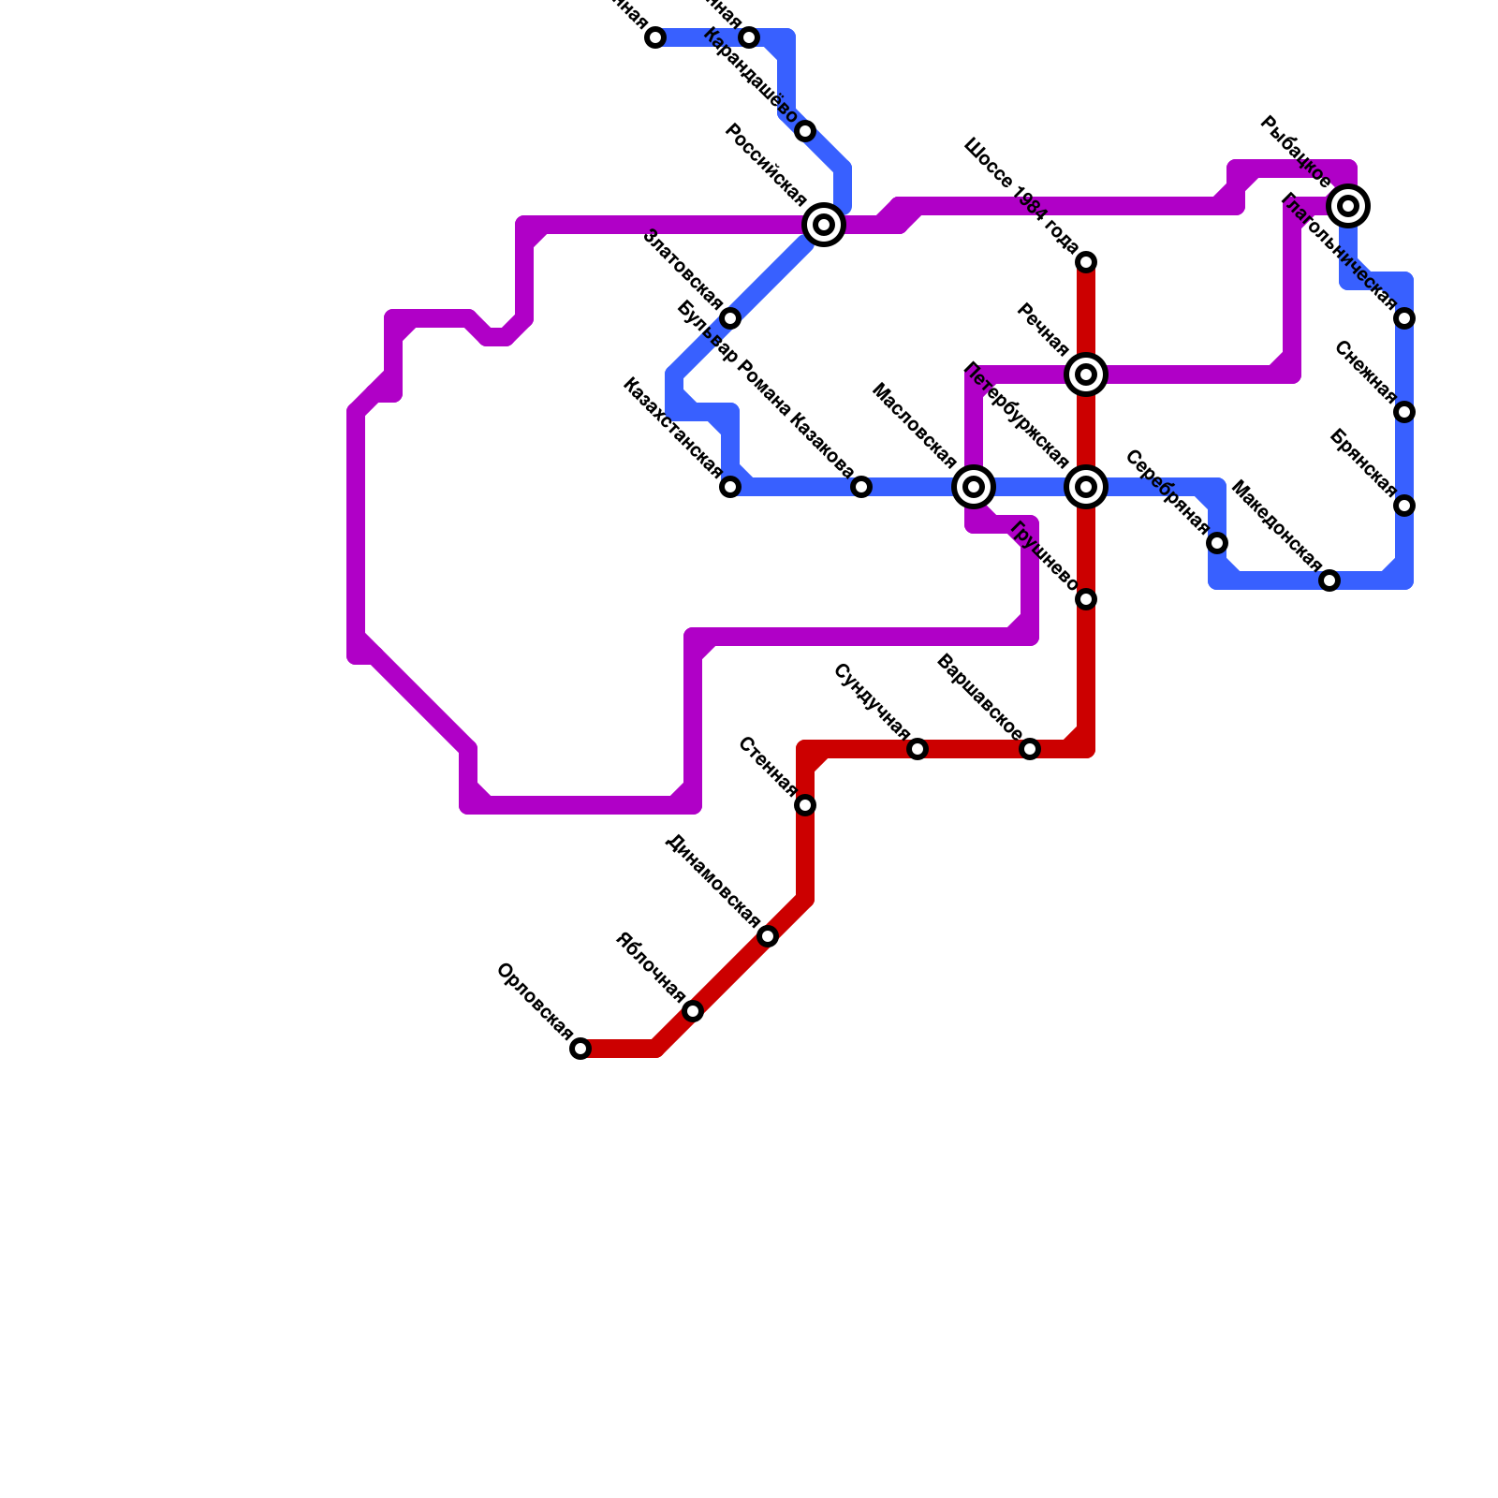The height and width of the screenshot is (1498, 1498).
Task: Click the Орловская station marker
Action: [580, 1049]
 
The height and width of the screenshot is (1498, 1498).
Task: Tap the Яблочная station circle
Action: [693, 1011]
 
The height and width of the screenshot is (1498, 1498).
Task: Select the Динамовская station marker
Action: [768, 936]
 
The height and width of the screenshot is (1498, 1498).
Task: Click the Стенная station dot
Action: [805, 805]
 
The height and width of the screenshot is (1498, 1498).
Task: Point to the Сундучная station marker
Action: [918, 749]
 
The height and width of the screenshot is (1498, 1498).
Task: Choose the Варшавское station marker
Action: [1030, 749]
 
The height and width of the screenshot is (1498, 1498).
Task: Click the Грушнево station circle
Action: [1086, 599]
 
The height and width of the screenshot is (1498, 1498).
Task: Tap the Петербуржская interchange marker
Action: [1086, 487]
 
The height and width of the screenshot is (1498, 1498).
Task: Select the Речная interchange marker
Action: [1086, 374]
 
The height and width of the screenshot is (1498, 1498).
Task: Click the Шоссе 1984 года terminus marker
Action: [1086, 262]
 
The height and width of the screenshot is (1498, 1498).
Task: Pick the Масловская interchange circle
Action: [974, 487]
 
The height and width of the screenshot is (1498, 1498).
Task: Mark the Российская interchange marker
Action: [824, 225]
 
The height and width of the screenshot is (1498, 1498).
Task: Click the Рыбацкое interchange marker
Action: [1348, 206]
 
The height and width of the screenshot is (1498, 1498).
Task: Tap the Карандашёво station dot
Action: [805, 131]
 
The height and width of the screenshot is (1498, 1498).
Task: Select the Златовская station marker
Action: [730, 318]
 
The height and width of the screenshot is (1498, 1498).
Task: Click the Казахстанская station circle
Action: [730, 487]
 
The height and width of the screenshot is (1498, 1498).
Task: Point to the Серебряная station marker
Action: [1217, 543]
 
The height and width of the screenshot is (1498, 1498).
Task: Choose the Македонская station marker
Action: [1329, 580]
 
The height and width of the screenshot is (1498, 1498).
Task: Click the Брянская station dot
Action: [1404, 506]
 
